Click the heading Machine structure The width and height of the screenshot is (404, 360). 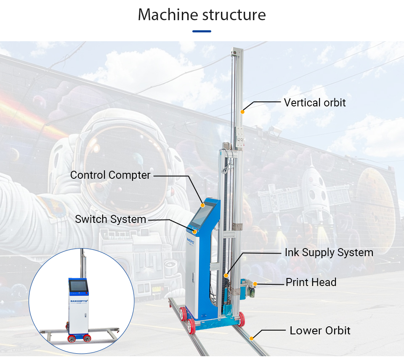(202, 15)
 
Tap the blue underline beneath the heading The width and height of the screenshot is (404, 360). (202, 31)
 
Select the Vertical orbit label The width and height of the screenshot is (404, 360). (315, 102)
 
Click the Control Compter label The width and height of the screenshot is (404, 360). (110, 175)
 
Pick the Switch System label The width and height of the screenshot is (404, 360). (111, 219)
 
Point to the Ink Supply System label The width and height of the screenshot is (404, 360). (329, 253)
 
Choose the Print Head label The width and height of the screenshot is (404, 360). (311, 282)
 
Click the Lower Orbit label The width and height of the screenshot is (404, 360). (320, 331)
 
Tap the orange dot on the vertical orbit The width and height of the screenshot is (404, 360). (242, 111)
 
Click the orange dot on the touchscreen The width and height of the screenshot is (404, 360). (202, 205)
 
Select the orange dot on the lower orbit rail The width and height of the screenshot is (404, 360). (251, 338)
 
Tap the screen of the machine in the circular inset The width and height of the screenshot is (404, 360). (79, 286)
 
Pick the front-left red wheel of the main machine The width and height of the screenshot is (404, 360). (191, 326)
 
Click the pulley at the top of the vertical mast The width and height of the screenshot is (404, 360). (233, 53)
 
